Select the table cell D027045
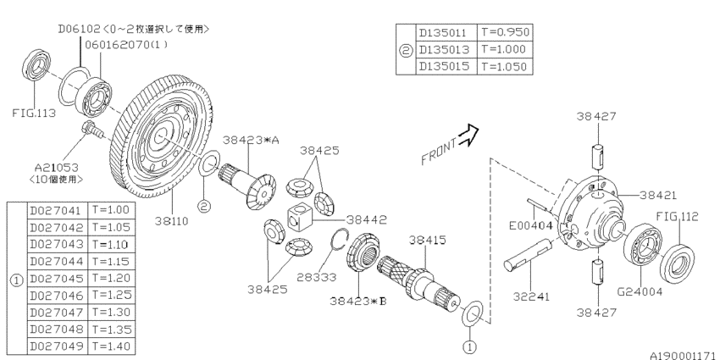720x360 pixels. click(x=56, y=278)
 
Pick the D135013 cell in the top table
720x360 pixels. click(x=446, y=49)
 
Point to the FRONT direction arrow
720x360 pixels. click(x=466, y=135)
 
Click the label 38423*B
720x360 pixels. click(x=359, y=299)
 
